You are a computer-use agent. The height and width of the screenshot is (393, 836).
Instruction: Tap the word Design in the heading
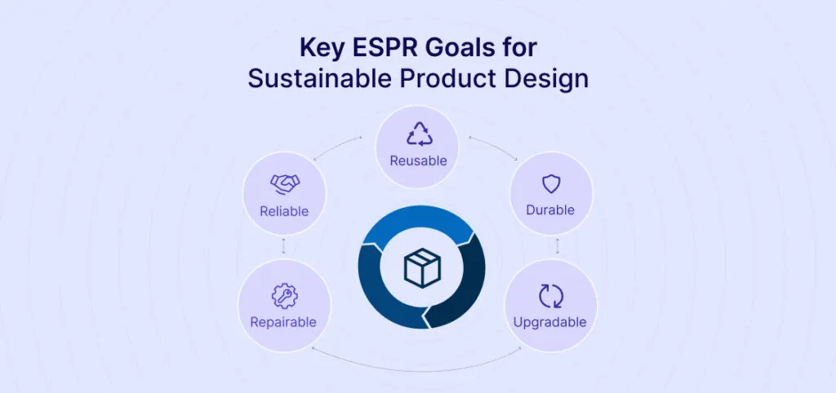[x=552, y=79]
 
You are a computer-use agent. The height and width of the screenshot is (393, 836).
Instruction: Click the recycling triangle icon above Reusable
[x=418, y=134]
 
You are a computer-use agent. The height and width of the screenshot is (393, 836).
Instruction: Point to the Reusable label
[x=418, y=161]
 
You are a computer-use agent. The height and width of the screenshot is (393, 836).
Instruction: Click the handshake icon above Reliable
[x=284, y=184]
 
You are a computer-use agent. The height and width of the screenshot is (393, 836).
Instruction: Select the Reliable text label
[x=284, y=211]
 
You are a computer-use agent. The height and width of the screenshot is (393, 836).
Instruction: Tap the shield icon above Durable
[x=551, y=183]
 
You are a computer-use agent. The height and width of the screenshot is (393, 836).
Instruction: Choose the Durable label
[x=550, y=210]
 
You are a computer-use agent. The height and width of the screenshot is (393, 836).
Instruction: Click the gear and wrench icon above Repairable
[x=284, y=294]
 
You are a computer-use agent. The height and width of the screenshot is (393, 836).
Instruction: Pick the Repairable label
[x=283, y=321]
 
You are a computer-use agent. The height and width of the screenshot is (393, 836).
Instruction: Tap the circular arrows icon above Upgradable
[x=550, y=295]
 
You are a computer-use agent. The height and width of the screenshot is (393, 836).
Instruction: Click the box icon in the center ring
[x=422, y=268]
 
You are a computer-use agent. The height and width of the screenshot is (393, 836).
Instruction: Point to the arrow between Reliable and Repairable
[x=284, y=245]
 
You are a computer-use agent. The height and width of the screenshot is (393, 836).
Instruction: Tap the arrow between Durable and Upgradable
[x=557, y=245]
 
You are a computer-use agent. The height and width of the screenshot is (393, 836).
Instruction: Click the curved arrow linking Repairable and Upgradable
[x=417, y=359]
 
